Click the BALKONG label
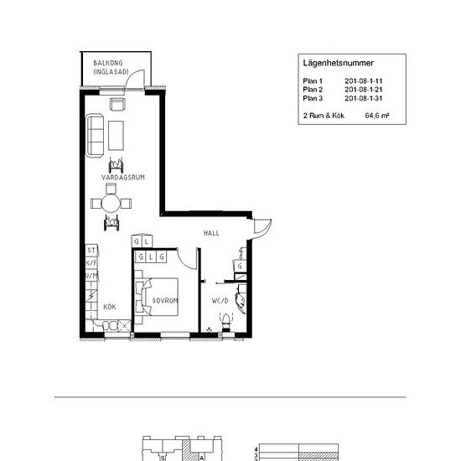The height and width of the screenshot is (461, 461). [x=108, y=64]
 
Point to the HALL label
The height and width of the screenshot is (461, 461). [x=211, y=232]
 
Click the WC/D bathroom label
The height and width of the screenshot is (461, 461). [x=220, y=300]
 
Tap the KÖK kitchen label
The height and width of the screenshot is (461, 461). [x=110, y=308]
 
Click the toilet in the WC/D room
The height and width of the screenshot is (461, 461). [x=224, y=320]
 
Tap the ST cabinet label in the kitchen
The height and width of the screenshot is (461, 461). [x=91, y=250]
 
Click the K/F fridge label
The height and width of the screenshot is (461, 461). [x=91, y=262]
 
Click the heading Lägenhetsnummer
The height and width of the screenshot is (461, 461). [x=338, y=63]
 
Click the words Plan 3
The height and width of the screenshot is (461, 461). [x=312, y=97]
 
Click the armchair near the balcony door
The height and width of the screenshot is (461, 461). [x=117, y=103]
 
